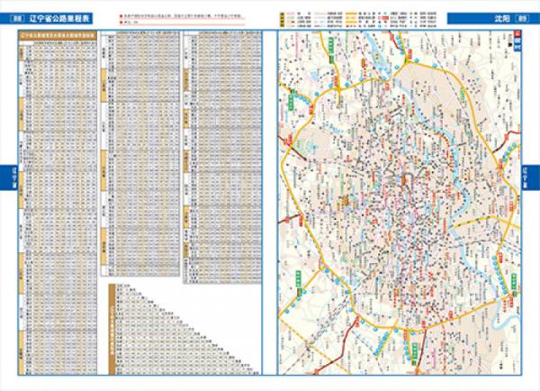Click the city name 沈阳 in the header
click(499, 19)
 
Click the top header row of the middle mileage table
click(139, 38)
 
